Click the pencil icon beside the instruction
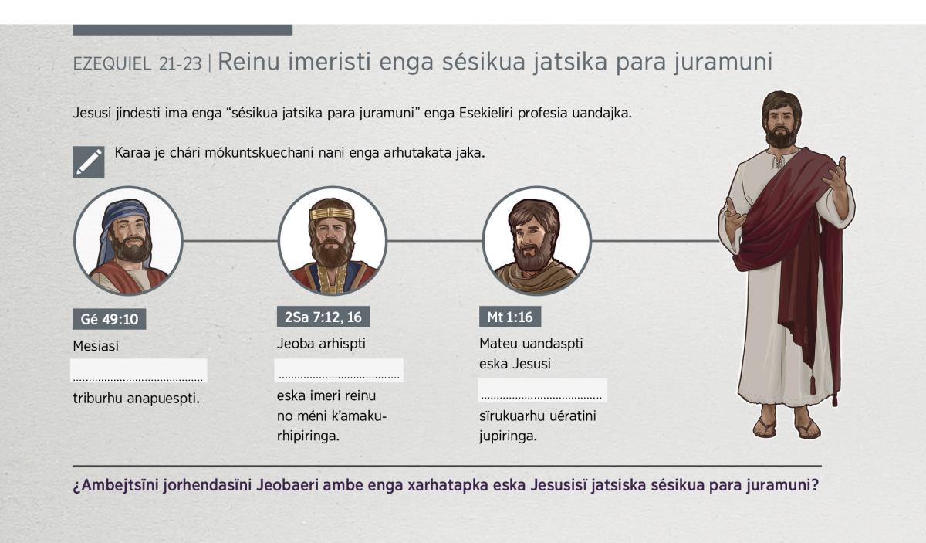click(x=89, y=162)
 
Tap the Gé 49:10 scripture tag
click(x=109, y=319)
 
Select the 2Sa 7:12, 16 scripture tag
click(x=323, y=317)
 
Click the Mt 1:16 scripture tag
click(x=510, y=317)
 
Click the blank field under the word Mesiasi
click(x=138, y=370)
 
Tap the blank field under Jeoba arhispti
click(x=339, y=370)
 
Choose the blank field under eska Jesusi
click(x=542, y=390)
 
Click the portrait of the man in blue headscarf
click(x=128, y=241)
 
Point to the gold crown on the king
click(x=332, y=213)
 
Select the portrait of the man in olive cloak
click(x=536, y=241)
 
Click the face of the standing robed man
click(x=781, y=122)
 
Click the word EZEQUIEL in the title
click(x=112, y=64)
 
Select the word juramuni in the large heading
click(x=723, y=62)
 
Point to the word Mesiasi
click(x=96, y=346)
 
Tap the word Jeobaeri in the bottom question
click(x=287, y=485)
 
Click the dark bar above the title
click(x=182, y=30)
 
